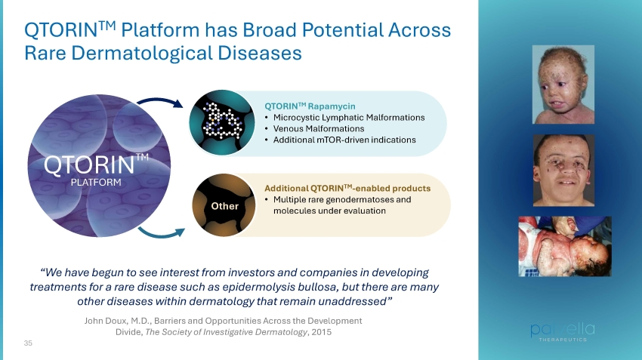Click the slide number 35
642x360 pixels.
point(28,343)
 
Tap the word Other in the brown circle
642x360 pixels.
point(224,206)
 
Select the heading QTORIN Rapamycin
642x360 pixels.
point(310,106)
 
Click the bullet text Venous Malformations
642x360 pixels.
point(319,128)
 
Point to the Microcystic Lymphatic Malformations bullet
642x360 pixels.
point(349,118)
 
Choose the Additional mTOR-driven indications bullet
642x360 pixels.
point(344,140)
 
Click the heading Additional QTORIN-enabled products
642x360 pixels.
point(347,188)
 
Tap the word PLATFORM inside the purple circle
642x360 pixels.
point(96,182)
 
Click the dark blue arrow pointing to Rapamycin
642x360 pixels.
point(160,100)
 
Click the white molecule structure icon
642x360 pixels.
point(222,121)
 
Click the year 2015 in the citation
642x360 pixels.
point(322,332)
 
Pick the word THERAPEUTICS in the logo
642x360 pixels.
point(563,340)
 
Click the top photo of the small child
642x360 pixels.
point(563,85)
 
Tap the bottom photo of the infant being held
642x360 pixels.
point(565,246)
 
